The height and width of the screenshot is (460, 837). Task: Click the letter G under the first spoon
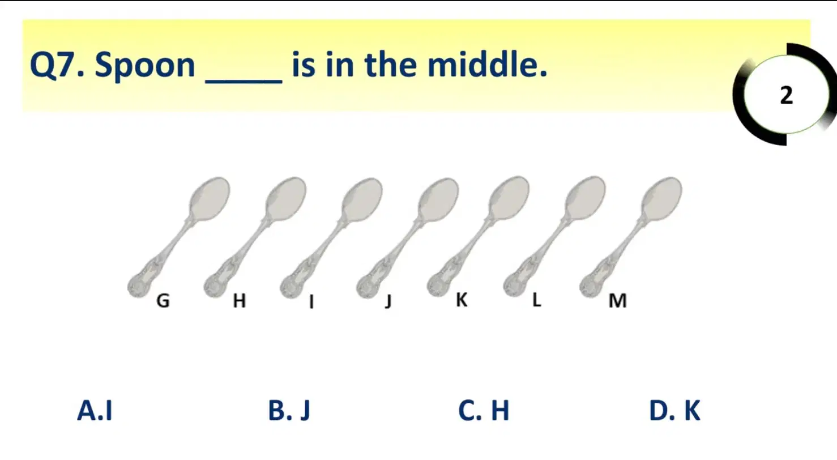[x=163, y=301]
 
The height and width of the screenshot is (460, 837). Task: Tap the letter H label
[x=240, y=301]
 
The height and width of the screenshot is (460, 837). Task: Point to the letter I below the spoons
[x=311, y=301]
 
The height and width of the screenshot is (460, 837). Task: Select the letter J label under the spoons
[x=388, y=301]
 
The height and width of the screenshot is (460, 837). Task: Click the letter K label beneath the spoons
[x=462, y=300]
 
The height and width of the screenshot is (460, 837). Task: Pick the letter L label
[x=537, y=300]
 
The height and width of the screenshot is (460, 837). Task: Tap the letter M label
[x=618, y=301]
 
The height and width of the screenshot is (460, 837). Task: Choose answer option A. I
[x=95, y=410]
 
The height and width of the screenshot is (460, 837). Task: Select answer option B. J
[x=289, y=411]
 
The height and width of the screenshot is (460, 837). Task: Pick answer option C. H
[x=484, y=410]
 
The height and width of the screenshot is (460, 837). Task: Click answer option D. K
[x=675, y=410]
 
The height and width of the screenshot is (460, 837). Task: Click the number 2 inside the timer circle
[x=787, y=95]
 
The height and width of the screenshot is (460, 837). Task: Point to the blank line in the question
[x=244, y=81]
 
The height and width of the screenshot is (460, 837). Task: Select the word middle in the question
[x=487, y=64]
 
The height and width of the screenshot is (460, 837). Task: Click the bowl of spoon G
[x=210, y=199]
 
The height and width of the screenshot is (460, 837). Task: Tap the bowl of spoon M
[x=661, y=199]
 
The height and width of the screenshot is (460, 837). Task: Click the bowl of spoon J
[x=438, y=199]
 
